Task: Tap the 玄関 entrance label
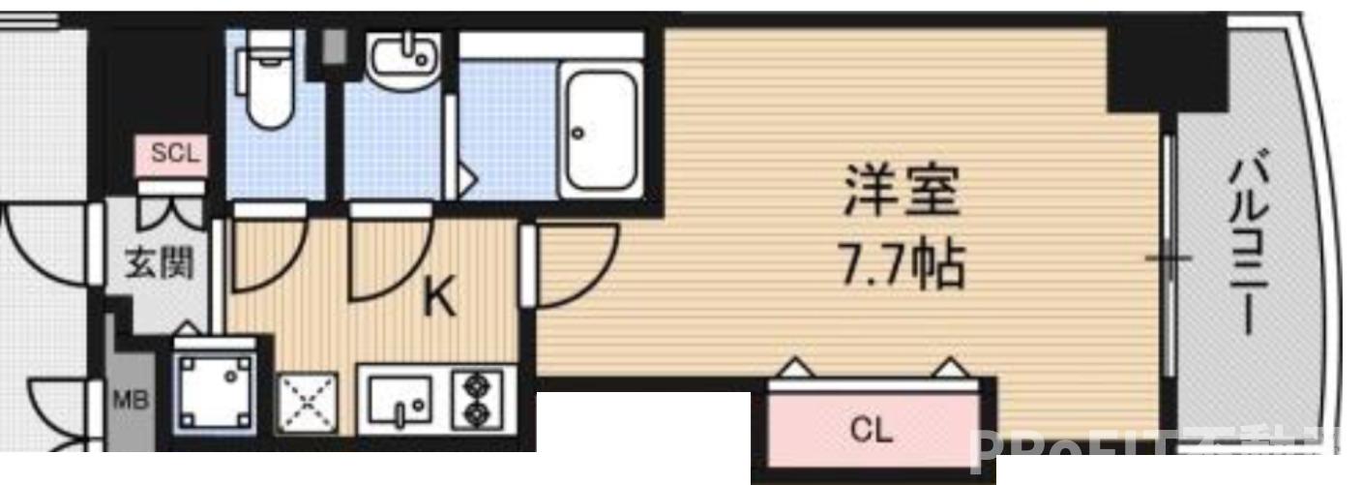[x=158, y=261]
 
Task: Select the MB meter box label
[x=133, y=399]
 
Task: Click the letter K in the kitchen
[x=440, y=299]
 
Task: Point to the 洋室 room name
[x=902, y=192]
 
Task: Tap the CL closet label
[x=873, y=430]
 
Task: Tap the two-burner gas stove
[x=475, y=401]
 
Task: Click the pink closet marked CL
[x=873, y=426]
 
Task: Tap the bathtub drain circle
[x=578, y=132]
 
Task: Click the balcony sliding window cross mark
[x=1169, y=258]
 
